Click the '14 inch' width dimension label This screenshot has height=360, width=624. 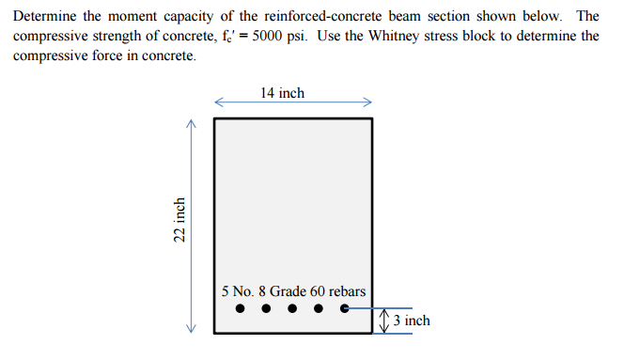[x=283, y=93]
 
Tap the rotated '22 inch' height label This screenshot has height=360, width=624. [x=179, y=221]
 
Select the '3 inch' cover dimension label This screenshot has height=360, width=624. [x=412, y=321]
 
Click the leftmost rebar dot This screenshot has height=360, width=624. [x=240, y=307]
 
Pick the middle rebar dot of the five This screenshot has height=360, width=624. [x=292, y=307]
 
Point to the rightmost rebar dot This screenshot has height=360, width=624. [x=345, y=307]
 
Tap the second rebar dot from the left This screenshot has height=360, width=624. [x=266, y=307]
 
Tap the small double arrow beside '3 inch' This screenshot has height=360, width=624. [x=382, y=321]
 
